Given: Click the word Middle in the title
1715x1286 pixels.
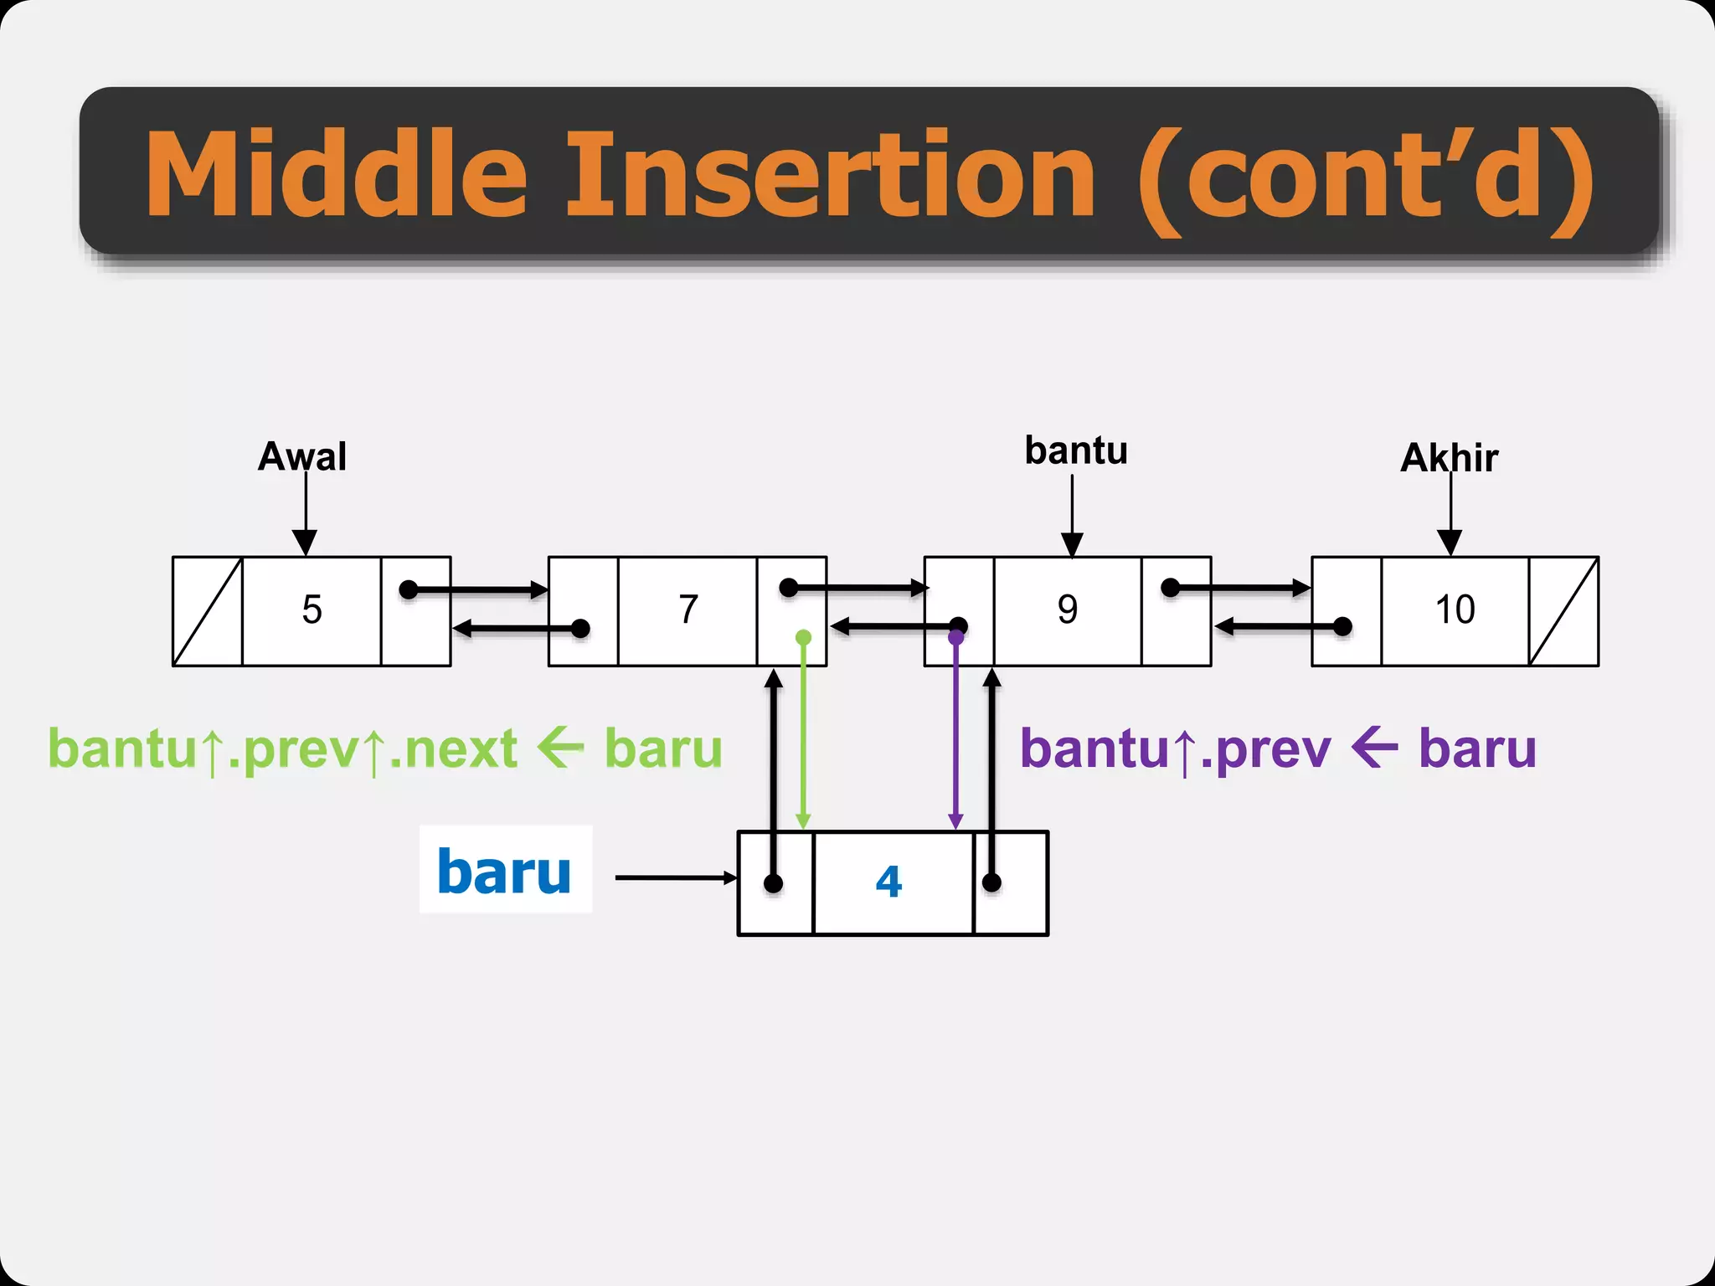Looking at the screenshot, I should (335, 176).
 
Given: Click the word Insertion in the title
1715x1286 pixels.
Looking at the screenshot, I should (829, 176).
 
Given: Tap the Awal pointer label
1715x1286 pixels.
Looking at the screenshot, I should (302, 457).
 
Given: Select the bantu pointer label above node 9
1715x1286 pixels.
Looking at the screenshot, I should (1076, 451).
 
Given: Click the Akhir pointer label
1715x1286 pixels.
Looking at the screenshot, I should (1450, 458).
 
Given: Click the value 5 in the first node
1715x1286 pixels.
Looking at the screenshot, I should (312, 610).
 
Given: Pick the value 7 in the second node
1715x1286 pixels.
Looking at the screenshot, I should (688, 610).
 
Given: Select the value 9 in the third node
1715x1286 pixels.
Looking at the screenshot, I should (1068, 610).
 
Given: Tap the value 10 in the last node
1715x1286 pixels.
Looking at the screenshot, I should (1455, 610).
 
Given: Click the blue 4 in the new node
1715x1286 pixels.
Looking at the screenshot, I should (888, 882).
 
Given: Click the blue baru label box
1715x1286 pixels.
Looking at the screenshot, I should (505, 870).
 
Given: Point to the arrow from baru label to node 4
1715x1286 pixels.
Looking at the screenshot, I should (674, 877).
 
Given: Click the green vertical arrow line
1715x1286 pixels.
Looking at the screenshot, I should (803, 737).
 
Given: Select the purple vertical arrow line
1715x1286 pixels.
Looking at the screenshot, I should (955, 737).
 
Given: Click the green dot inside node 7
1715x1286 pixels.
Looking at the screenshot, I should (803, 638).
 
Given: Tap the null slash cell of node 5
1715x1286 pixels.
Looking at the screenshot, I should (208, 611).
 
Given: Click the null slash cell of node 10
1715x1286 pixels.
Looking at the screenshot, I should (1563, 611).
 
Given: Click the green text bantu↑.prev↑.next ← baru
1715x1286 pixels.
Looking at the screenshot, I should (385, 748).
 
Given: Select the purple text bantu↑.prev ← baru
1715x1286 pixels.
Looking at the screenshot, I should (1277, 748).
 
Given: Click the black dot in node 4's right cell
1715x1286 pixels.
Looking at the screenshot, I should (991, 882).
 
